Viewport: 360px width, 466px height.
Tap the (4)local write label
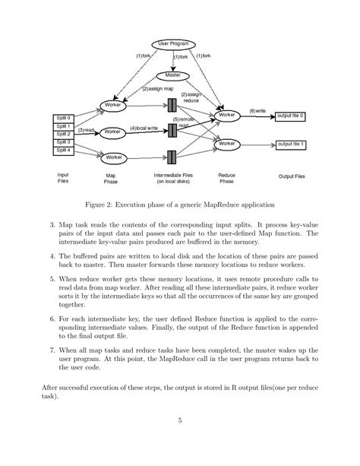tap(144, 128)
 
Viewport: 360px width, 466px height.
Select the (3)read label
tap(86, 131)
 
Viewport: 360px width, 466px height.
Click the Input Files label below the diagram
tap(63, 179)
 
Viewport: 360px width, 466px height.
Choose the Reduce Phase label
tap(226, 179)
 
